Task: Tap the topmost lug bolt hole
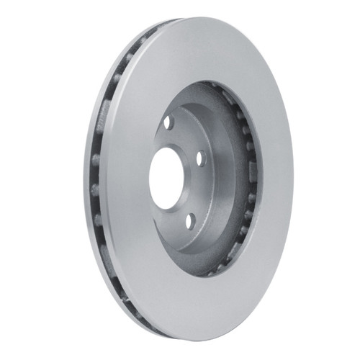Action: [x=169, y=122]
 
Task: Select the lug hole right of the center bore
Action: [x=201, y=158]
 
